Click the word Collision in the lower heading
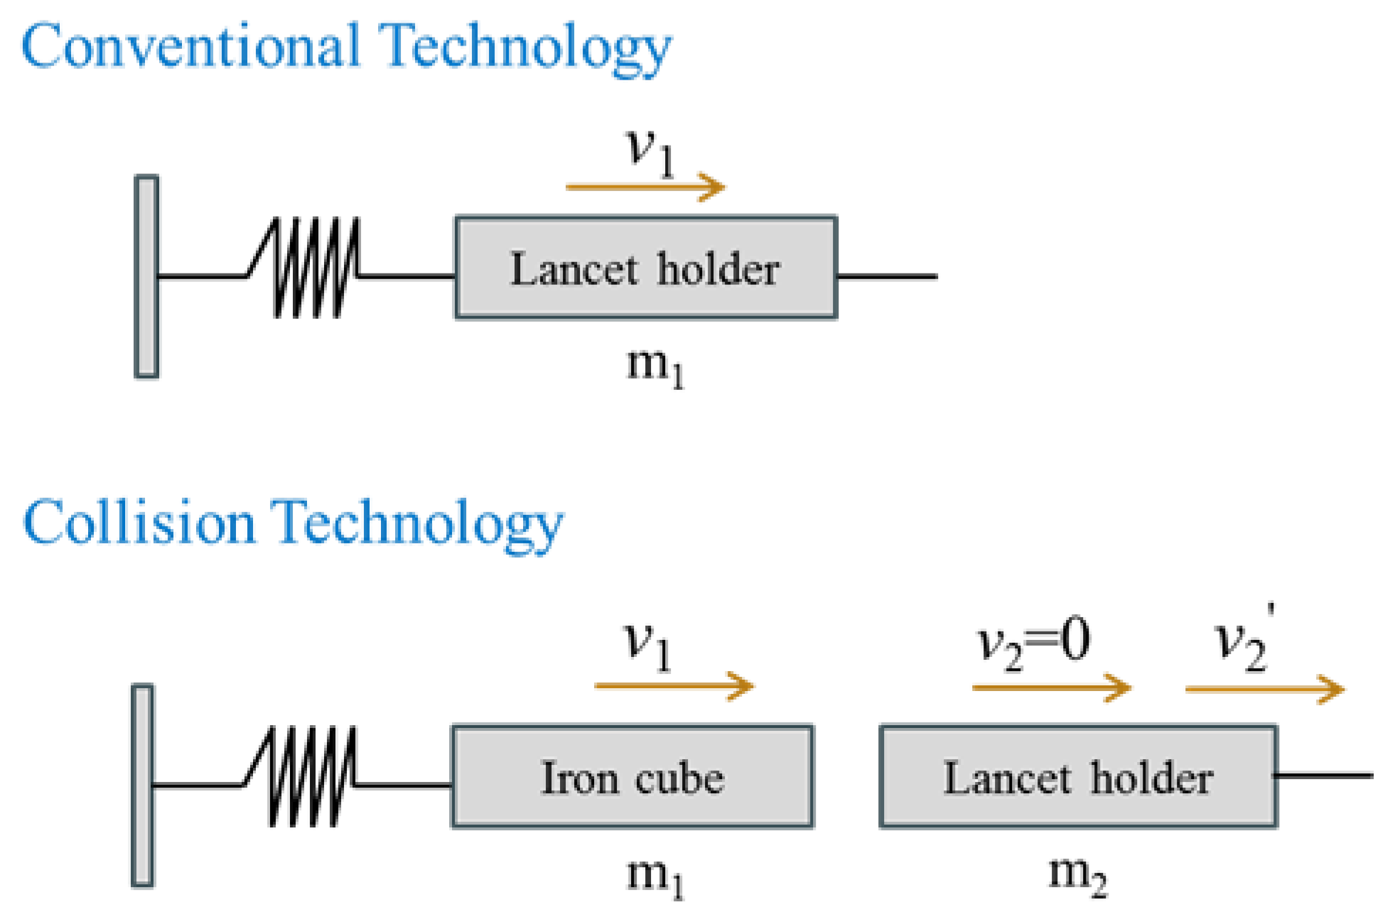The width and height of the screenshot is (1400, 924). coord(139,523)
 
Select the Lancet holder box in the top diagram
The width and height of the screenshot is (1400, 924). coord(645,268)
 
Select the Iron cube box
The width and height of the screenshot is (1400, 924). coord(632,777)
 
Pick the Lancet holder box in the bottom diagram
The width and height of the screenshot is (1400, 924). coord(1077,777)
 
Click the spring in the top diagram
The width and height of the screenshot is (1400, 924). coord(313,268)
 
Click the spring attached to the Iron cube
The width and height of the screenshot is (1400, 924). coord(308,777)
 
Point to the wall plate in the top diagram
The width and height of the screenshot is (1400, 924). coord(146,276)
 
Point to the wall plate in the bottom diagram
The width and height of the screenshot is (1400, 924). coord(142,786)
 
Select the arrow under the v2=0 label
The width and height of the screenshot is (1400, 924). coord(1050,687)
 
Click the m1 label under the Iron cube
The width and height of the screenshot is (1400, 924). coord(654,876)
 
